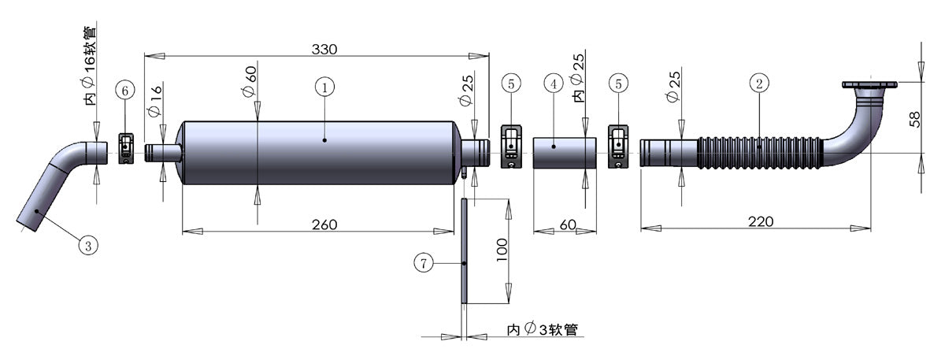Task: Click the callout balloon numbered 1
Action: point(324,87)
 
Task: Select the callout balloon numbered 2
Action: point(758,84)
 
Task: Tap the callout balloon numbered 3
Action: point(88,247)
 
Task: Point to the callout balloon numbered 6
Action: point(124,91)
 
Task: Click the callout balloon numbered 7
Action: point(424,264)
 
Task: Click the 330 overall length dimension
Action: point(324,49)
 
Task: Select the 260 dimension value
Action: point(324,225)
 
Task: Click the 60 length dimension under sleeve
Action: point(567,225)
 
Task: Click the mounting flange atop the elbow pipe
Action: point(869,84)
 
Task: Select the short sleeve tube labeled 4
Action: point(565,153)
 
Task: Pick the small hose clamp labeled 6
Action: point(127,149)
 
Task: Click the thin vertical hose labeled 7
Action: point(465,250)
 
